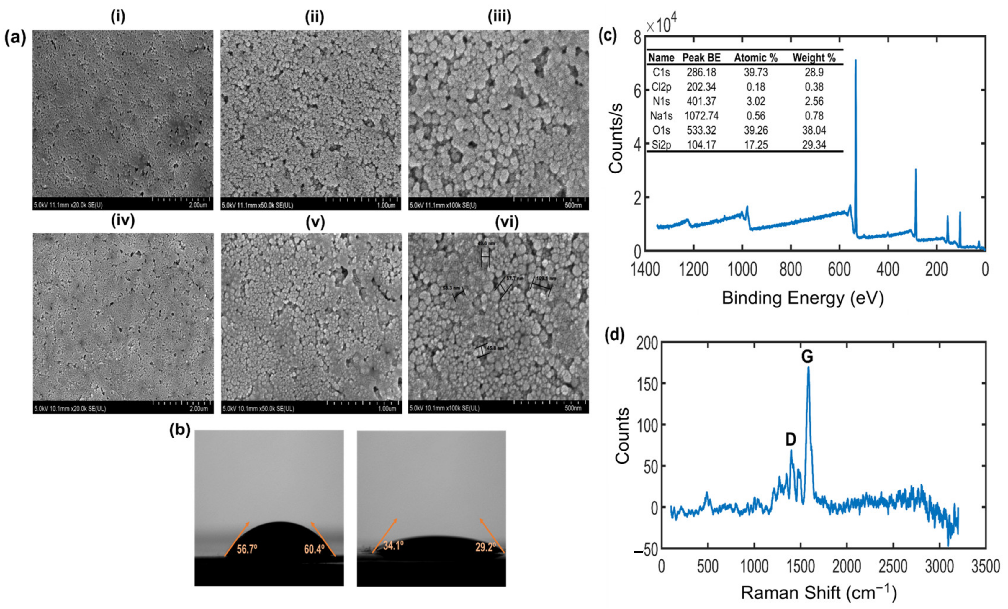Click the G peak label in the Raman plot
point(806,357)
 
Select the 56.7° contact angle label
point(247,549)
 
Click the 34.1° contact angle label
point(394,546)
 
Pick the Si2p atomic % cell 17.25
point(756,145)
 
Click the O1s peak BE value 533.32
point(701,130)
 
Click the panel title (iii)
point(499,17)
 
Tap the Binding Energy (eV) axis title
point(803,298)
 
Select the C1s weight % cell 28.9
point(814,72)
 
